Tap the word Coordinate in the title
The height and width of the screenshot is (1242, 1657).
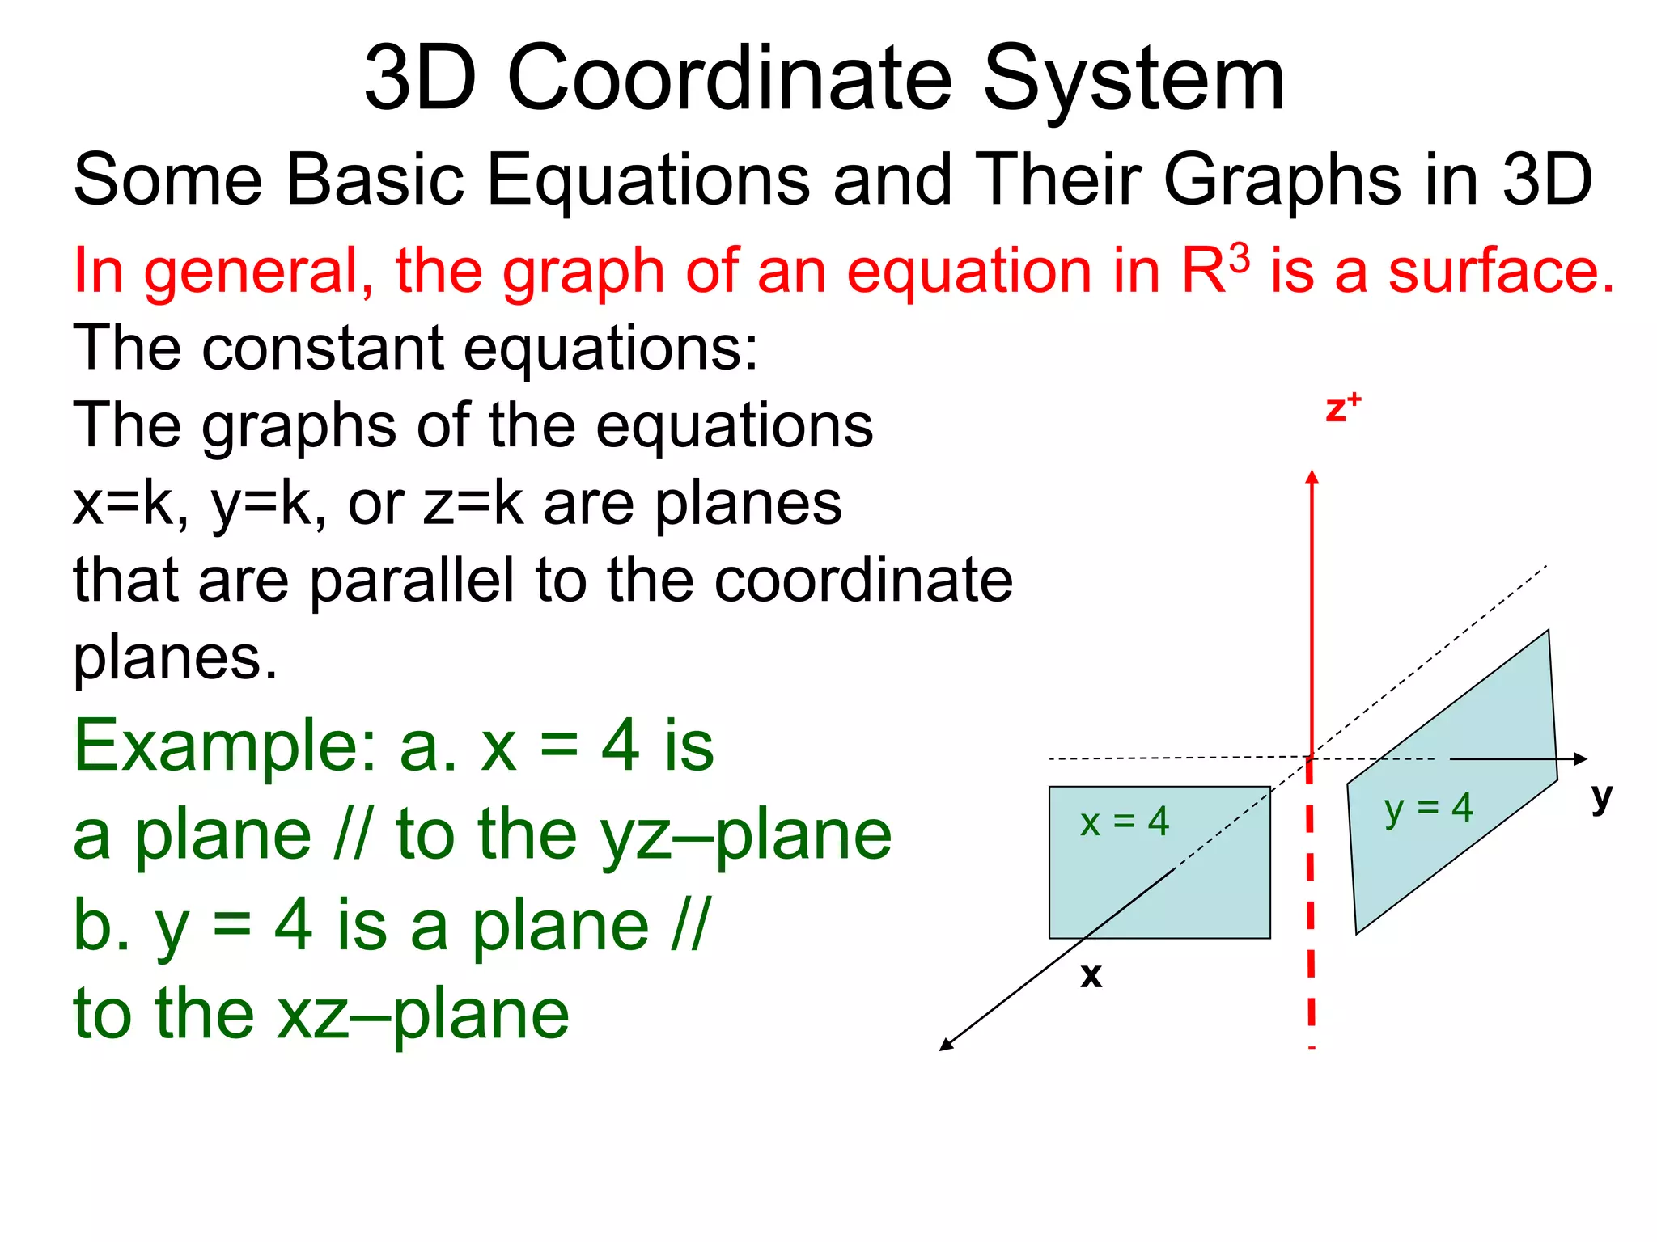(x=730, y=79)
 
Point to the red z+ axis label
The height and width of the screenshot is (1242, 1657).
(x=1341, y=408)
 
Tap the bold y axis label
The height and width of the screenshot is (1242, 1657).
(x=1601, y=799)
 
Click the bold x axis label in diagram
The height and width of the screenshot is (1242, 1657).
(x=1091, y=976)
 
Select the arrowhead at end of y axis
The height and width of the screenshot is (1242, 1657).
(x=1581, y=758)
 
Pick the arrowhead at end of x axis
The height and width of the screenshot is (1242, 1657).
(x=946, y=1045)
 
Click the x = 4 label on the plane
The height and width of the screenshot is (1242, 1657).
(x=1125, y=822)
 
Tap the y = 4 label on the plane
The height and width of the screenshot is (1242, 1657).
(x=1428, y=808)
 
